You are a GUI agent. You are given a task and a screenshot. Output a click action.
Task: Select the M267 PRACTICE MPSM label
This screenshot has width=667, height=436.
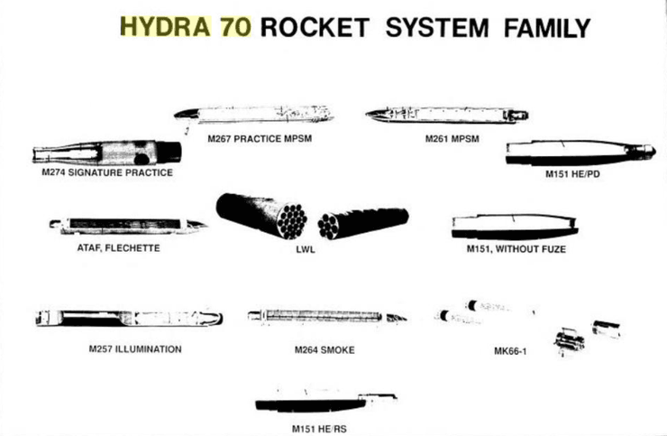(x=251, y=139)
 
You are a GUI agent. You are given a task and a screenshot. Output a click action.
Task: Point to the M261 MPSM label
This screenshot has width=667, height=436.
(x=451, y=139)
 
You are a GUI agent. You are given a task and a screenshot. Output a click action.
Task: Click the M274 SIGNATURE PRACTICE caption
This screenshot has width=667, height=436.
(x=107, y=172)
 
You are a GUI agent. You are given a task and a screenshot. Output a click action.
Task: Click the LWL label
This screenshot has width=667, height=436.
(x=312, y=249)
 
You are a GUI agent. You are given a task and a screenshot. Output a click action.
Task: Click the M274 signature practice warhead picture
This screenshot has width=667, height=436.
(x=106, y=152)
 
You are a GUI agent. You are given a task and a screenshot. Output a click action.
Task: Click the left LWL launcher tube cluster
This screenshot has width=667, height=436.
(x=262, y=215)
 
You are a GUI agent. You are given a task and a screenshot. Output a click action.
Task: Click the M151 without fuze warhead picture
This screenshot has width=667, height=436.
(x=514, y=226)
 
